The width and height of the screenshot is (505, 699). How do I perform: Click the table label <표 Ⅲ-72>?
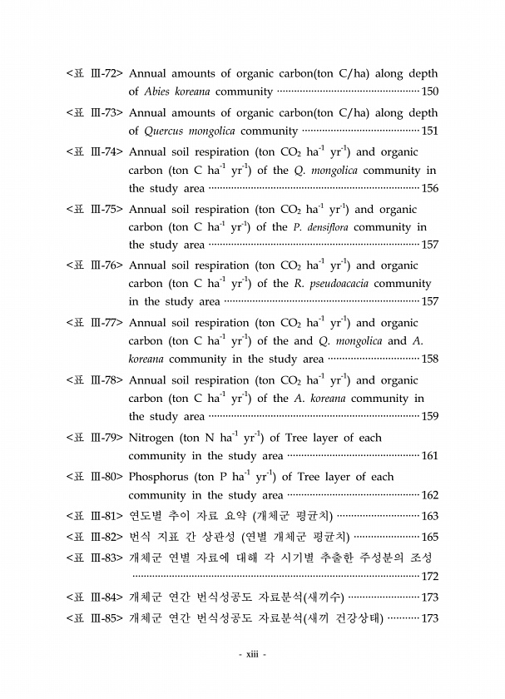[x=95, y=73]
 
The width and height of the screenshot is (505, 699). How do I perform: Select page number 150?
[x=430, y=92]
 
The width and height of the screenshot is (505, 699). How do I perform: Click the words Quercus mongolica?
[x=181, y=131]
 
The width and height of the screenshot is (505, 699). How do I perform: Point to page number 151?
[x=430, y=131]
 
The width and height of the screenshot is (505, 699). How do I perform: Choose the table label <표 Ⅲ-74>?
[x=95, y=151]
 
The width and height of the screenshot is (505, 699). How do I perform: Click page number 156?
[x=430, y=188]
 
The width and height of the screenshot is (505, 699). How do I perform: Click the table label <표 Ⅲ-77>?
[x=95, y=322]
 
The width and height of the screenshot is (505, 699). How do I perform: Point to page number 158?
[x=430, y=359]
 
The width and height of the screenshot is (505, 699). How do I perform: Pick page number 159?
[x=430, y=416]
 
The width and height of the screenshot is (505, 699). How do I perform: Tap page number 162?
[x=430, y=495]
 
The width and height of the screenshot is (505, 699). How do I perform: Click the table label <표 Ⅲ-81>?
[x=95, y=516]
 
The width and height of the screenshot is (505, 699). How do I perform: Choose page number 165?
[x=430, y=537]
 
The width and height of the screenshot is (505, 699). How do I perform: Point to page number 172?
[x=430, y=576]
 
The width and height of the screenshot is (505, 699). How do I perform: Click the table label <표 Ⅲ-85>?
[x=95, y=618]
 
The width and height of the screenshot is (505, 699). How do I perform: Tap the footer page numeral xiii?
[x=252, y=655]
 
